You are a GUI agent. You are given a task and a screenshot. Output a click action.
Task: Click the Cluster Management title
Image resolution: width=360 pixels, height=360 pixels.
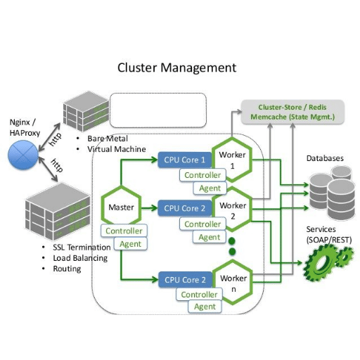pos(176,68)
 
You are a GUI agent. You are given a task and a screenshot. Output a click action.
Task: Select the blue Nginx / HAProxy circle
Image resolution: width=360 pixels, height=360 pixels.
pos(23,155)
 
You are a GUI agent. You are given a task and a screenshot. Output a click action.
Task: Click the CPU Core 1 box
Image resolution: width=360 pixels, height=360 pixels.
pos(184,160)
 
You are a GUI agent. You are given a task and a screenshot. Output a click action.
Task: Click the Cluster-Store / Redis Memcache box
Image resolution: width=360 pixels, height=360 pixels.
pos(292,112)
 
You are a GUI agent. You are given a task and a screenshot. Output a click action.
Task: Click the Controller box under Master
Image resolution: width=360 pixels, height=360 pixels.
pos(124,231)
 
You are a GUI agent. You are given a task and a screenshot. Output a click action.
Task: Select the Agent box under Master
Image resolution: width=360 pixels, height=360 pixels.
pos(131,244)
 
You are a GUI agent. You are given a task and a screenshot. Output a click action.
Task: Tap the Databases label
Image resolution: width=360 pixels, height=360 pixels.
pos(325,158)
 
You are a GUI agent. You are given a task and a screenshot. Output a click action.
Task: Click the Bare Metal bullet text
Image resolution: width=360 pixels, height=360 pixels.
pos(108,139)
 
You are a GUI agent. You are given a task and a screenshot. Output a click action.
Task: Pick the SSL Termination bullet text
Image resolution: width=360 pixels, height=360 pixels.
pos(82,247)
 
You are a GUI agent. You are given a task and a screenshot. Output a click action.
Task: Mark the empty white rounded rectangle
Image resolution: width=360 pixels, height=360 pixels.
pos(158,110)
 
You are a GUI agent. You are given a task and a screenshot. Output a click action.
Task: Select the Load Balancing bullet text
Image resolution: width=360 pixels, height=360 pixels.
pos(80,258)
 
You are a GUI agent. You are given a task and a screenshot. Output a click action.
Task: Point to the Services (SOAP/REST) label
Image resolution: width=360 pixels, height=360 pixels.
pos(329,234)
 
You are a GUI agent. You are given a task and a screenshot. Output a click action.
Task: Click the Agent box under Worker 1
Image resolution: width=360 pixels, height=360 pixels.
pos(210,188)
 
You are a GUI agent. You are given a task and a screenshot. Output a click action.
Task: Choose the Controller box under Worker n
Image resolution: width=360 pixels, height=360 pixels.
pos(199,295)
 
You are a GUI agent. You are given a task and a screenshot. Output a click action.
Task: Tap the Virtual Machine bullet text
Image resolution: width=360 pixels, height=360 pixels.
pos(117,149)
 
